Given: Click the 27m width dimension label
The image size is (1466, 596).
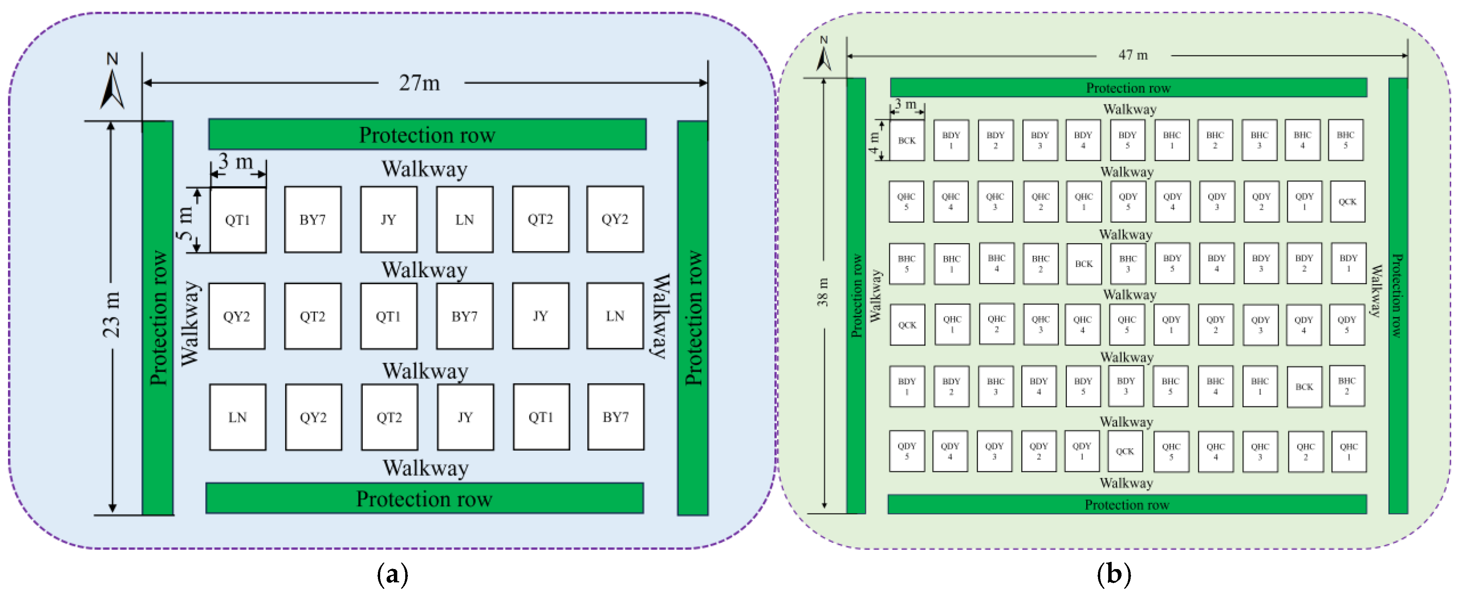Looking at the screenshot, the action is pos(419,83).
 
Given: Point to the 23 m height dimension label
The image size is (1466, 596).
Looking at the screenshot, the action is pos(112,315).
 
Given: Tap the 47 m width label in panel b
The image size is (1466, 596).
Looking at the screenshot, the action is pos(1133,55).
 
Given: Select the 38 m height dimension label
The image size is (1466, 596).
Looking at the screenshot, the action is pos(823,292).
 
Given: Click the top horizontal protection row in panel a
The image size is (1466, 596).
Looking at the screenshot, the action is pos(427,134).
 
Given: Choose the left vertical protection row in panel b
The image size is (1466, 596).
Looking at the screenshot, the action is pos(856,296).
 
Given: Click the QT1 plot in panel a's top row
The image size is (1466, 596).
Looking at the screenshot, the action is pos(238,220).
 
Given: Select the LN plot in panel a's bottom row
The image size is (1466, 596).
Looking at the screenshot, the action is pos(237,417).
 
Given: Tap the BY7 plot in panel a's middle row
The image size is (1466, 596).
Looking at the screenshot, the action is pos(464,316).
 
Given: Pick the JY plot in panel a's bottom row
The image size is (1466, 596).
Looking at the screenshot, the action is pos(466,417).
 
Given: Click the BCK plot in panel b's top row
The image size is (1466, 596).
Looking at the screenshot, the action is pos(907,140).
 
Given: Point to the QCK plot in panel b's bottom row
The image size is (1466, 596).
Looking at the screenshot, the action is pos(1125,451).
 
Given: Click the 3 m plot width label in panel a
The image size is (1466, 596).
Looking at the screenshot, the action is pos(235,162).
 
